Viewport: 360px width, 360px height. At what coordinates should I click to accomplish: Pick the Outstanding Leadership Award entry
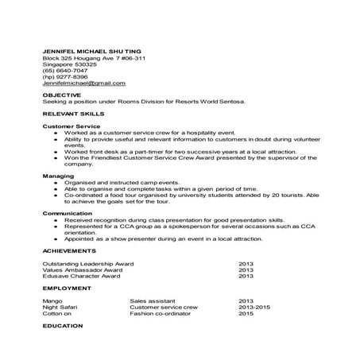click(87, 263)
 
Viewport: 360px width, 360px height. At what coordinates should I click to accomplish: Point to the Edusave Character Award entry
click(83, 276)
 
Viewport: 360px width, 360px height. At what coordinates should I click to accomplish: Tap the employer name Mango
click(52, 301)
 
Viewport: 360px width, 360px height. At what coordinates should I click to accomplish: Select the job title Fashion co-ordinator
click(156, 314)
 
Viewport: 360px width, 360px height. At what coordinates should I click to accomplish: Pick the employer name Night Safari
click(60, 308)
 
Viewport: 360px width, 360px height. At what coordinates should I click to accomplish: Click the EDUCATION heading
click(62, 326)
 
